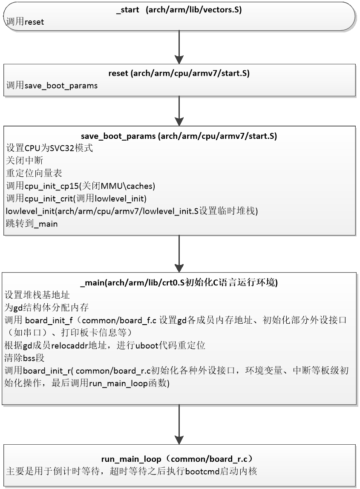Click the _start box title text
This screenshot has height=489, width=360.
coord(179,10)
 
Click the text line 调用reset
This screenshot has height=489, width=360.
coord(25,22)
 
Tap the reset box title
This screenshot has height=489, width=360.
coord(179,73)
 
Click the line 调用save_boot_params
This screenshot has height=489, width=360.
coord(52,86)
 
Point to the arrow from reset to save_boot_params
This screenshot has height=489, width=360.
coord(179,111)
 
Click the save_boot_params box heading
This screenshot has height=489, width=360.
coord(179,136)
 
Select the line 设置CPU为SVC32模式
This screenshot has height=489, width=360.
coord(50,148)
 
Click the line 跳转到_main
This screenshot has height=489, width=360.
coord(32,223)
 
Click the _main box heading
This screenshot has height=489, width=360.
coord(179,283)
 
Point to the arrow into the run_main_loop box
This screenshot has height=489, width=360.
coord(179,424)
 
